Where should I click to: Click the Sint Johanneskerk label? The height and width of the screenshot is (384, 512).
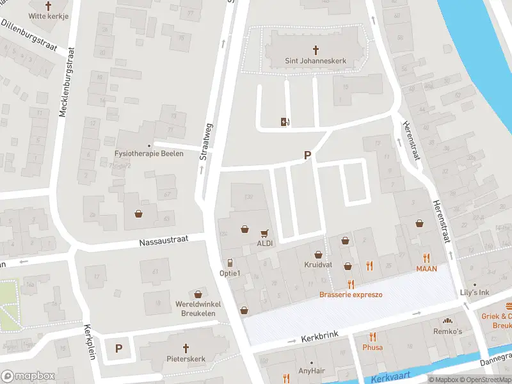[316, 61]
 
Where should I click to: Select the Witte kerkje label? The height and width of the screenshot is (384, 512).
[47, 16]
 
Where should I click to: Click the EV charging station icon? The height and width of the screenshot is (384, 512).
[285, 122]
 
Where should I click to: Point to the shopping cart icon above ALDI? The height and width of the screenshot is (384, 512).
[264, 233]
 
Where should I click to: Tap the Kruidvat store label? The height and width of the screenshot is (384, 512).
[317, 265]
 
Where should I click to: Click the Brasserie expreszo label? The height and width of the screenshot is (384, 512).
[351, 294]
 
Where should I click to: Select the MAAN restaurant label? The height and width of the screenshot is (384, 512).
[426, 269]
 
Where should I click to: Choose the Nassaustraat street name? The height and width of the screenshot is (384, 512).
[163, 242]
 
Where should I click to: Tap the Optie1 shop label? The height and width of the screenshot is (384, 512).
[230, 274]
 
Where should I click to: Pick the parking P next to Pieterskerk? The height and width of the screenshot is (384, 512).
[118, 348]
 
